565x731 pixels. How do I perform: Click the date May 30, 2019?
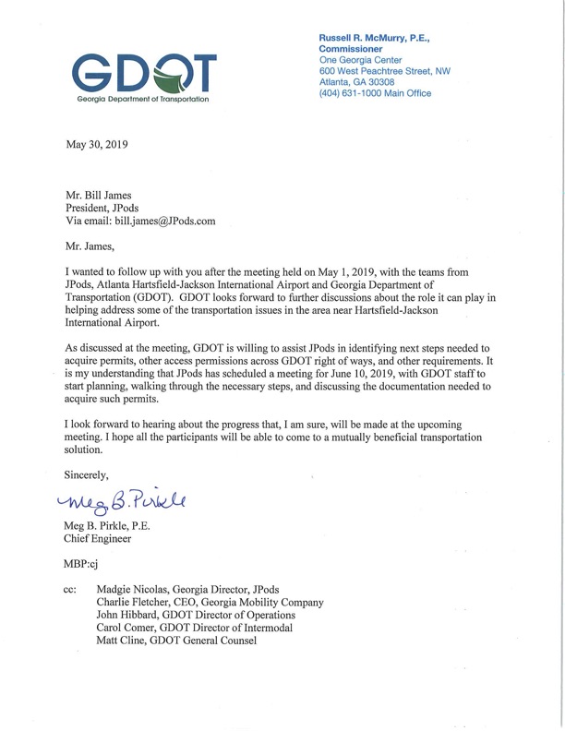point(98,145)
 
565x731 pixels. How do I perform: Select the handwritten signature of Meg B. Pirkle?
point(124,501)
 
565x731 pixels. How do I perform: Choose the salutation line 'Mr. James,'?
point(90,247)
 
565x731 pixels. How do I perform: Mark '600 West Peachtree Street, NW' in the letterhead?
point(385,69)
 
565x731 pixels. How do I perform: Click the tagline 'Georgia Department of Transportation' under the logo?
point(141,99)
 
